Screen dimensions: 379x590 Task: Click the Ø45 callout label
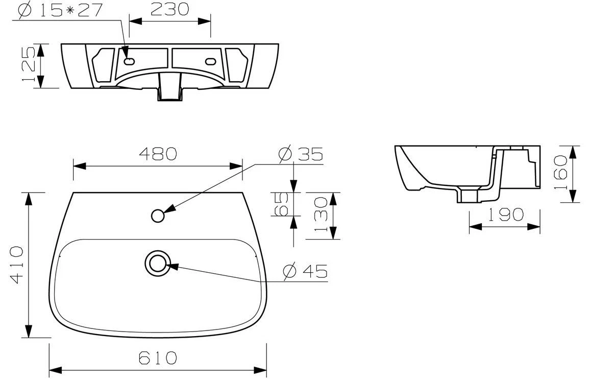[305, 271]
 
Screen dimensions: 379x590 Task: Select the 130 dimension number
[321, 215]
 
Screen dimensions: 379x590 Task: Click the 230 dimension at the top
[169, 9]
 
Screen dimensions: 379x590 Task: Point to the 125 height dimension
[30, 65]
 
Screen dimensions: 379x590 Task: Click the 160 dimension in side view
[560, 174]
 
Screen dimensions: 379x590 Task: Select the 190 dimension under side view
[504, 215]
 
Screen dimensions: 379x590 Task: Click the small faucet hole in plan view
[158, 216]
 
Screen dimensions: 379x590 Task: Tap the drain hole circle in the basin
[157, 263]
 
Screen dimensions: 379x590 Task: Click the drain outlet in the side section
[468, 196]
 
